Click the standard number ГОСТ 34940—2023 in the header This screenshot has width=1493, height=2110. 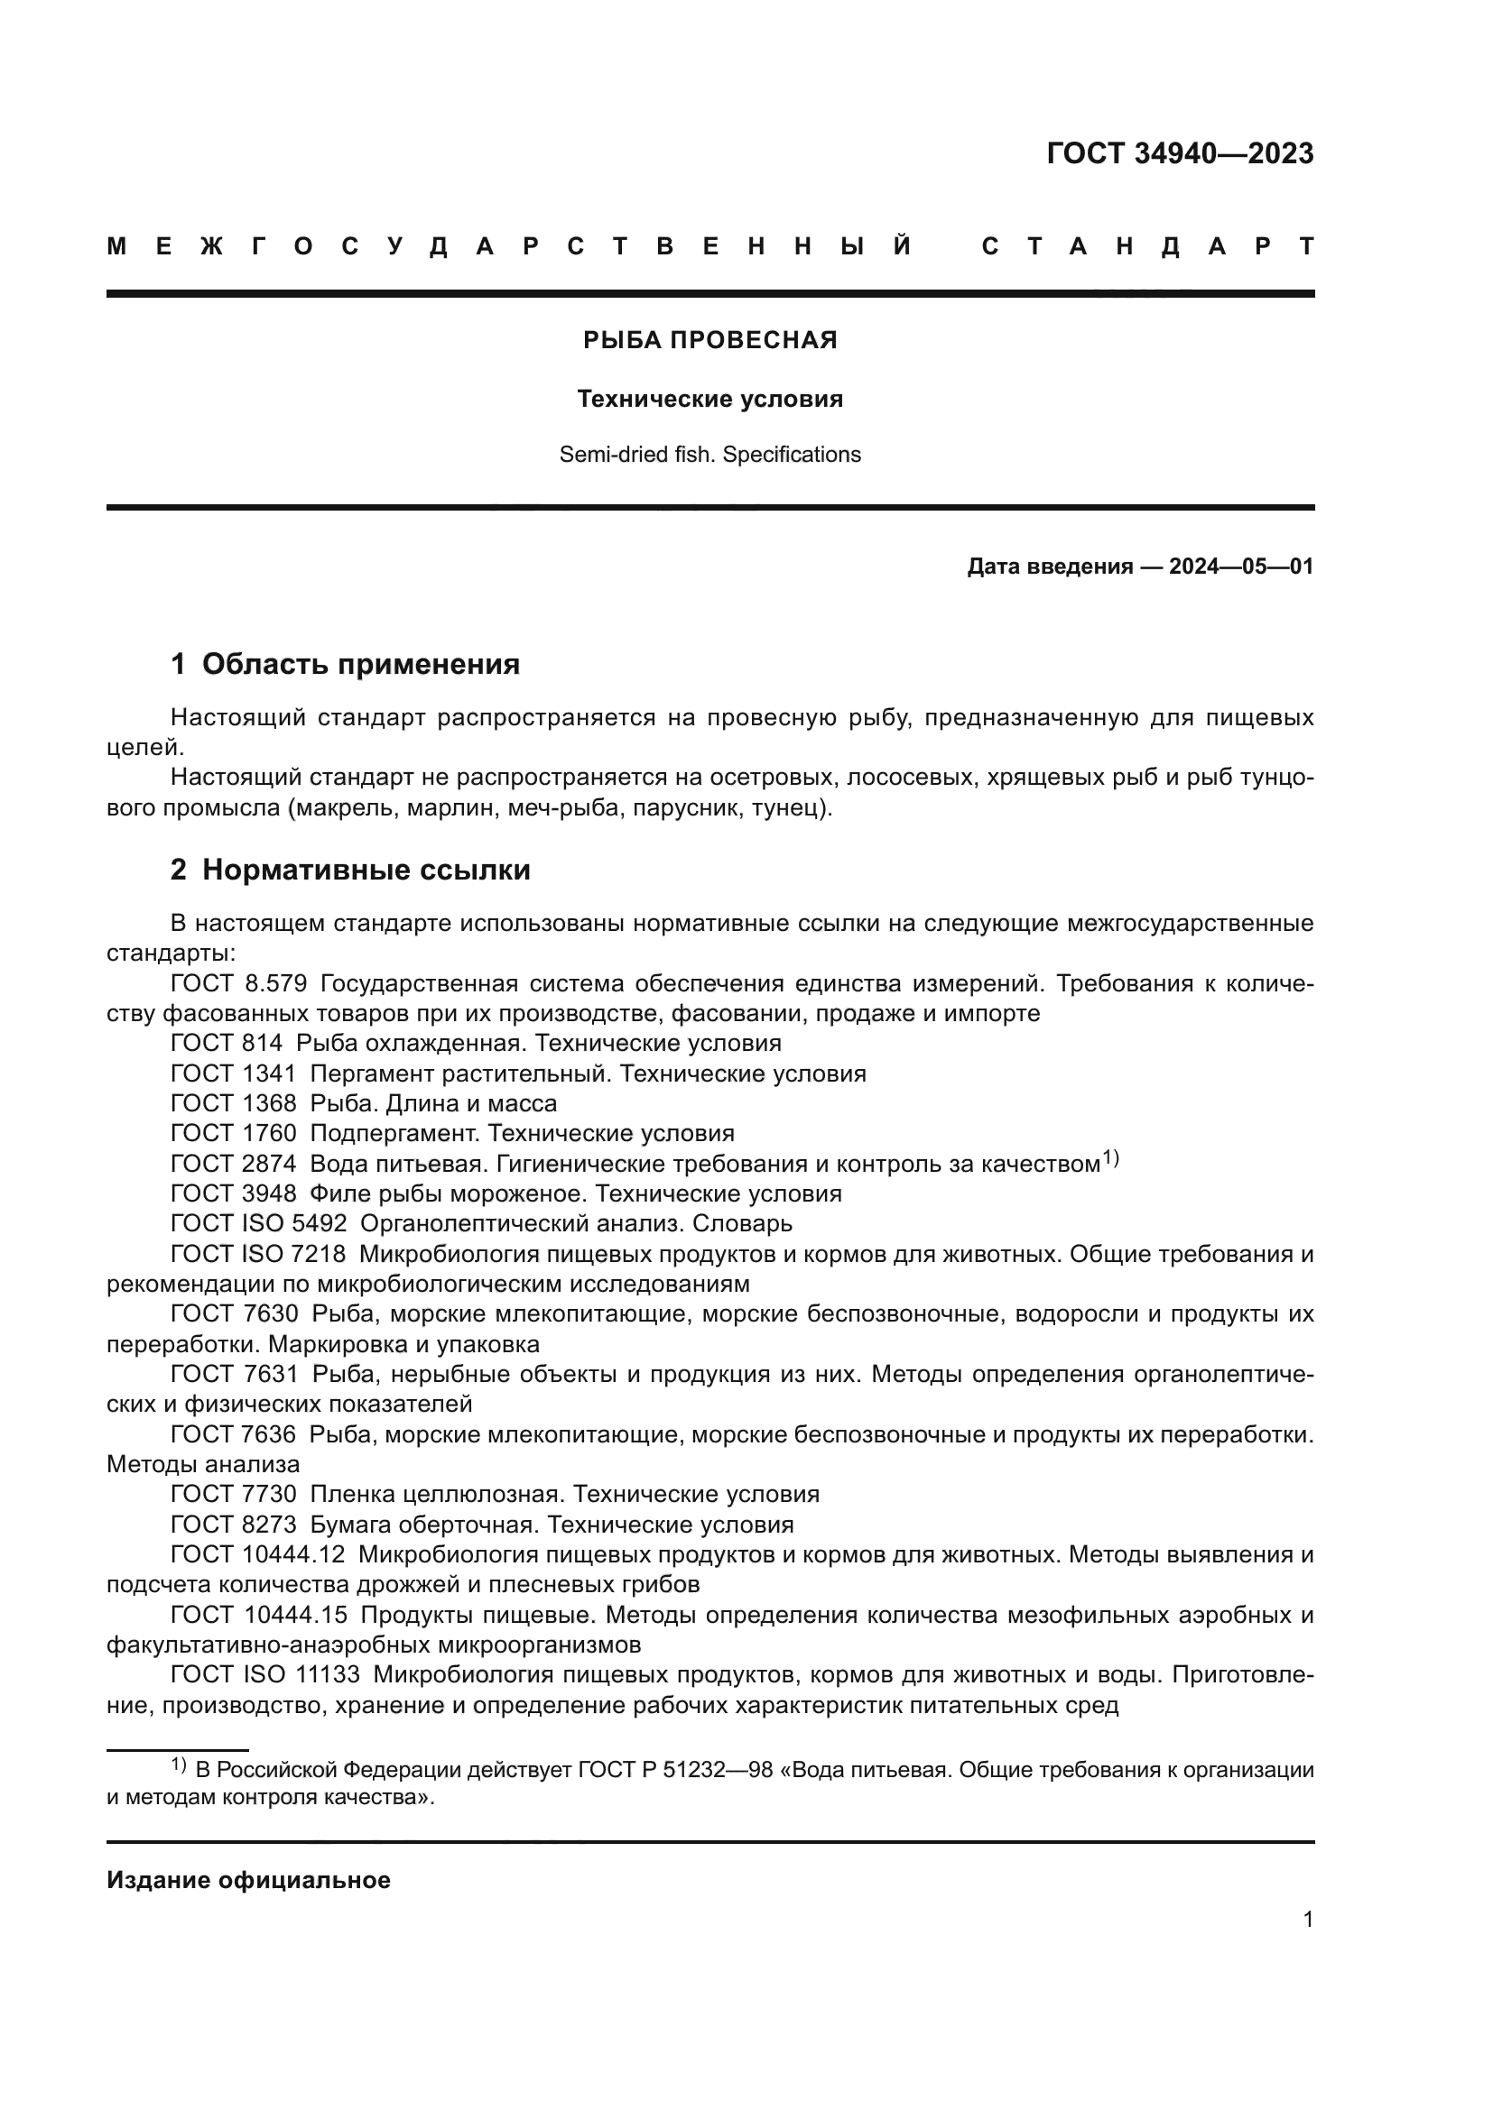point(1180,153)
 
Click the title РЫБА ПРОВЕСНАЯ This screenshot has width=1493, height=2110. point(709,341)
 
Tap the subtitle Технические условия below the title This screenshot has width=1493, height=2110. point(709,399)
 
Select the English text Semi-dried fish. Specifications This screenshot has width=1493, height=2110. point(709,455)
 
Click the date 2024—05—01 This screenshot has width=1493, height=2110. point(1241,567)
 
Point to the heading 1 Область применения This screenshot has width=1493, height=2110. point(345,665)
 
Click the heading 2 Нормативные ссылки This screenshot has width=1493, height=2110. point(350,870)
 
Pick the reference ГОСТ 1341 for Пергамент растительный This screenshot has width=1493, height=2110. point(234,1073)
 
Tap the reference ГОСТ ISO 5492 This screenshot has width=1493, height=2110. point(258,1223)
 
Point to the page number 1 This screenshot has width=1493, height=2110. point(1307,1919)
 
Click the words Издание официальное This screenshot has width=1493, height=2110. point(248,1880)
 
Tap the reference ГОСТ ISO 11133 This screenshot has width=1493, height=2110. point(264,1674)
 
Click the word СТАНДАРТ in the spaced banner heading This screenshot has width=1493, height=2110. point(1148,246)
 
